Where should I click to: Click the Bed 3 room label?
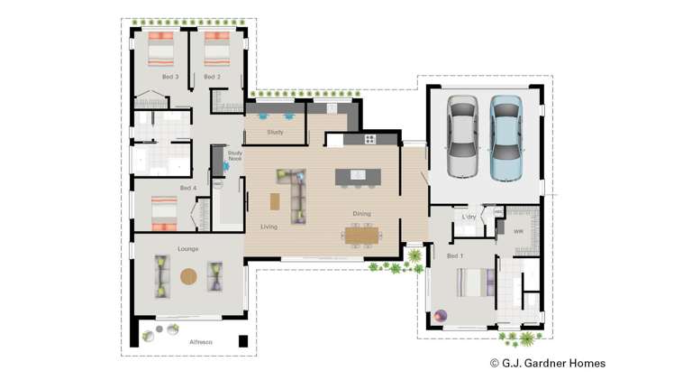[170, 77]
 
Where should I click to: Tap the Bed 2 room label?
[212, 77]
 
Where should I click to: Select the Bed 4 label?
[187, 188]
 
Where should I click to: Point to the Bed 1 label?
[455, 255]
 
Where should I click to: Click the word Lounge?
[188, 247]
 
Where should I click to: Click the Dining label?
[362, 213]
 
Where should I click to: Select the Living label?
[269, 227]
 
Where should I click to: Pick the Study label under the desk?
[276, 133]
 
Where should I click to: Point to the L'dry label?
[469, 218]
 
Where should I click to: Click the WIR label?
[518, 231]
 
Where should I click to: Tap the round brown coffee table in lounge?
[188, 276]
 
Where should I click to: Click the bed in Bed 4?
[162, 213]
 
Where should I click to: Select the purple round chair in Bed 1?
[442, 315]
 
